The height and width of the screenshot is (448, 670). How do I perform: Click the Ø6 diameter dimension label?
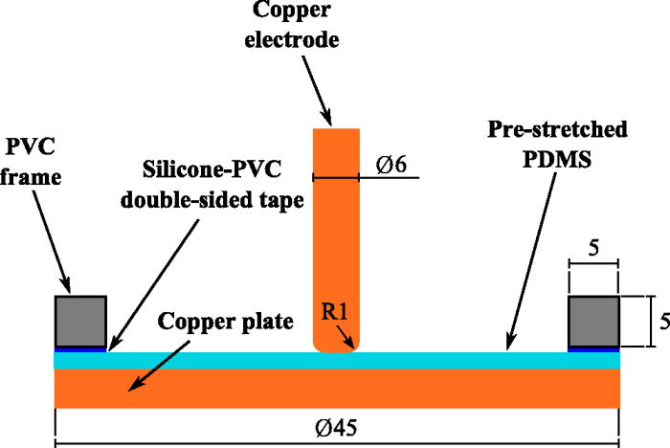[388, 165]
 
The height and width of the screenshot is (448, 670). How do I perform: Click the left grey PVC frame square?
[80, 321]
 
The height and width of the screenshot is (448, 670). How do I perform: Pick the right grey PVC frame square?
[594, 321]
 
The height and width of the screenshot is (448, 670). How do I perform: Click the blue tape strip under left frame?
[80, 348]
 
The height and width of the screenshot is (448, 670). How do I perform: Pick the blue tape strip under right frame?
[594, 348]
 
